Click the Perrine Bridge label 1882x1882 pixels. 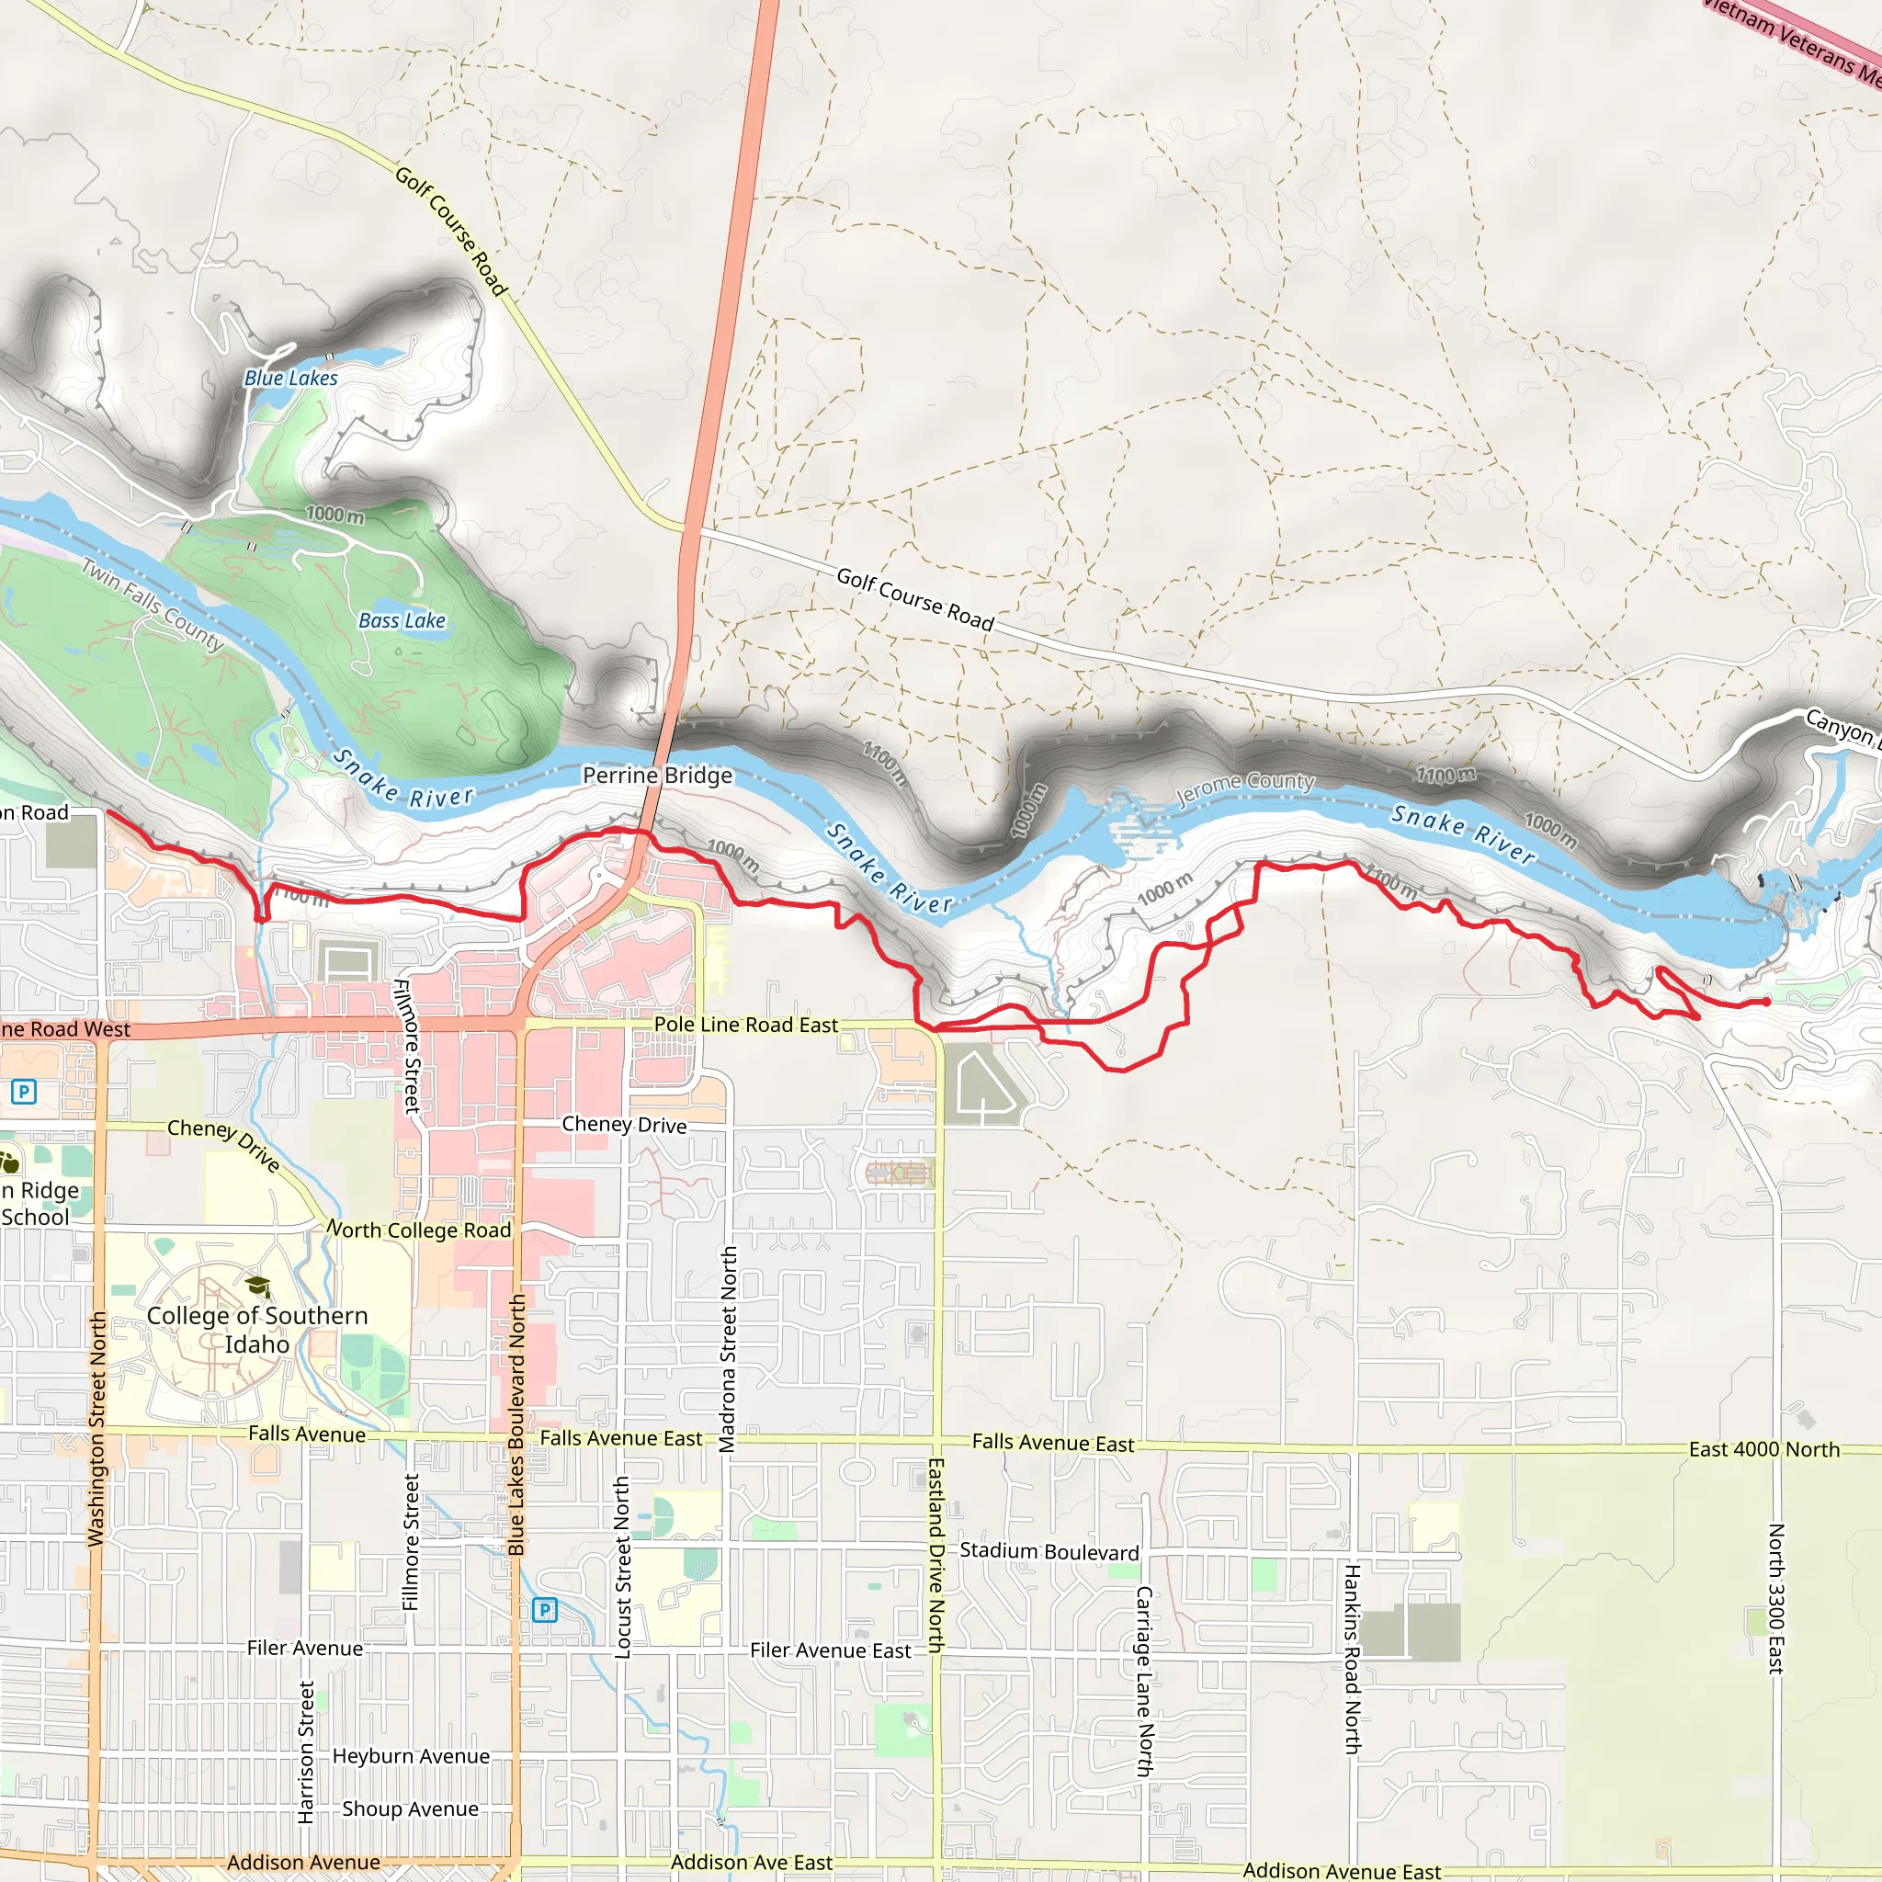(x=658, y=776)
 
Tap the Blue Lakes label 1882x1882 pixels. (x=291, y=378)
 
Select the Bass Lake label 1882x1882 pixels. (x=402, y=620)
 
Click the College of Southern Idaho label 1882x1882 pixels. (x=257, y=1330)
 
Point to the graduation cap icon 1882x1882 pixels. (x=257, y=1287)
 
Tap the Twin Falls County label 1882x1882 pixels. (x=152, y=604)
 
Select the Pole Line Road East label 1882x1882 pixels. (x=745, y=1025)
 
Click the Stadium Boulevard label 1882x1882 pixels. (x=1049, y=1551)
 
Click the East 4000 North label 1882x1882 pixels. (x=1764, y=1449)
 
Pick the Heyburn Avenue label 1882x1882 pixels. (x=411, y=1756)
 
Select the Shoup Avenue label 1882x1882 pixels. (x=410, y=1808)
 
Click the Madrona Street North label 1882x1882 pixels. (x=728, y=1349)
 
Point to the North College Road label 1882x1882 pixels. (x=419, y=1230)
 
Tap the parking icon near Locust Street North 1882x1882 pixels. (x=545, y=1610)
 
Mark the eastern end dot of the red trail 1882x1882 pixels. (x=1766, y=1002)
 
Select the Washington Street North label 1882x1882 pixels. (x=97, y=1428)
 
